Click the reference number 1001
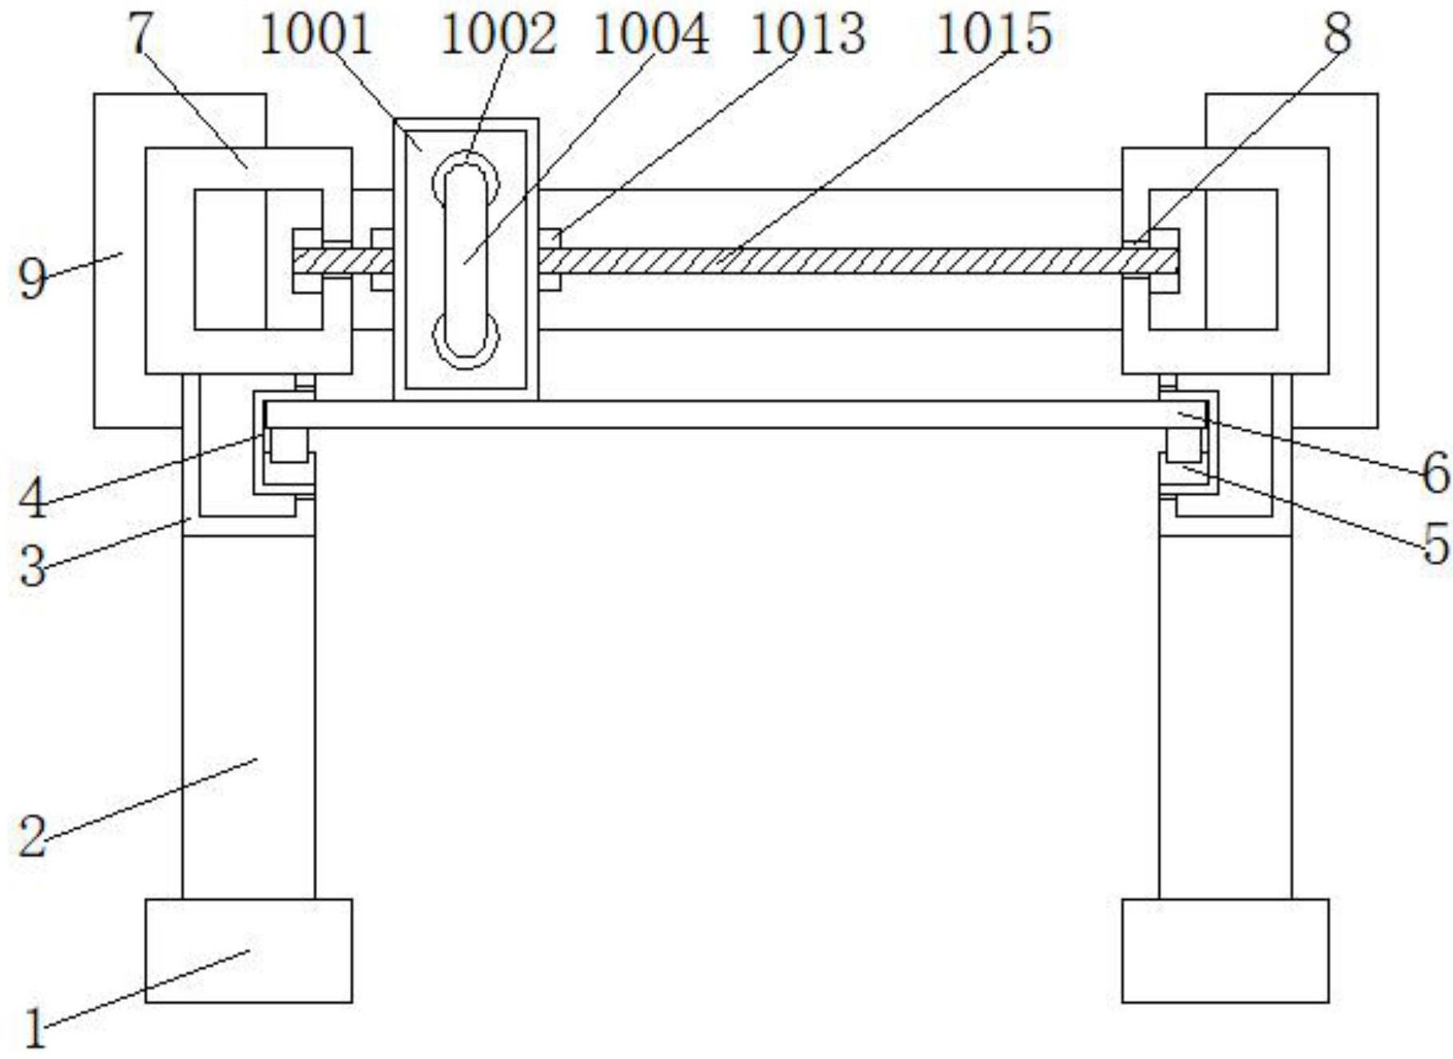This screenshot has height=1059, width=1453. (x=316, y=36)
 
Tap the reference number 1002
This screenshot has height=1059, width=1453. (x=498, y=36)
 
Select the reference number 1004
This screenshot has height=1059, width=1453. (x=650, y=36)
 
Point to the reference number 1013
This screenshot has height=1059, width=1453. (x=808, y=36)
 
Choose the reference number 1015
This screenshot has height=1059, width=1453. (x=994, y=36)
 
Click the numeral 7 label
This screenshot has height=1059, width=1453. (x=141, y=36)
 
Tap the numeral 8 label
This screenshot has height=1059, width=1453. (x=1337, y=36)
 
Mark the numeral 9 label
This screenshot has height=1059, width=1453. (x=33, y=280)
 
